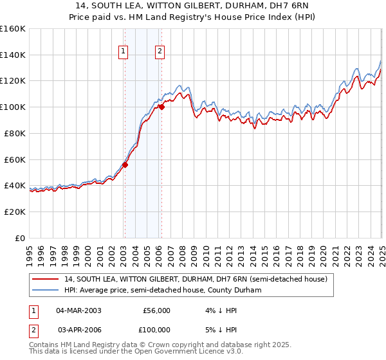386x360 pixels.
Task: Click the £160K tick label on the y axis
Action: [13, 29]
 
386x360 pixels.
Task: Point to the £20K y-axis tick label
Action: [14, 212]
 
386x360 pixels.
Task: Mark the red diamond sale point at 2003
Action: [125, 165]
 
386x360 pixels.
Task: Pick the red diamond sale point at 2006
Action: [161, 107]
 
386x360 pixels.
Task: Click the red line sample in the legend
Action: [45, 279]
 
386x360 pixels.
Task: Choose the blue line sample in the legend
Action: [45, 290]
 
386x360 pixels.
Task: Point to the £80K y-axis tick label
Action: [14, 133]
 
